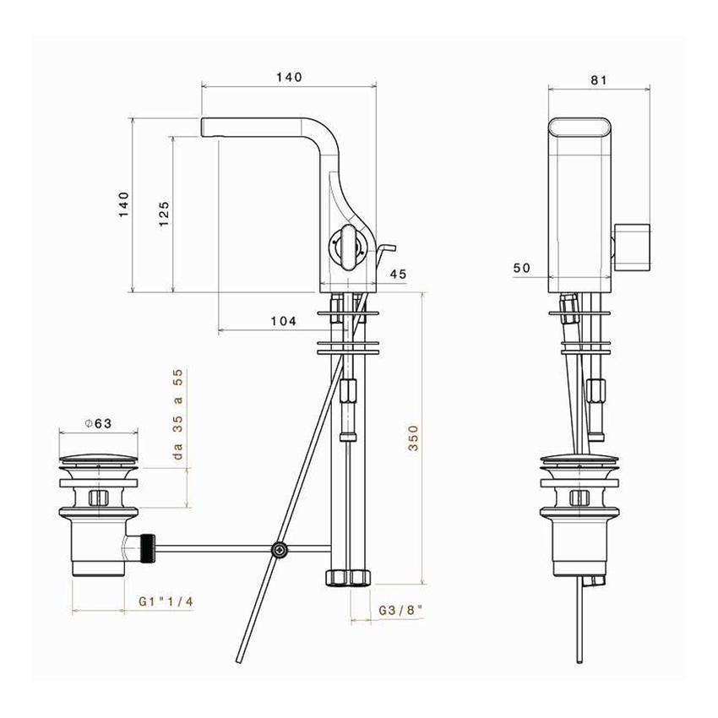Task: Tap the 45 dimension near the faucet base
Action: (x=399, y=274)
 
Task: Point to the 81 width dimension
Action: (x=599, y=80)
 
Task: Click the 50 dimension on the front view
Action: (x=521, y=268)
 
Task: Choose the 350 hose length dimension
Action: (x=413, y=438)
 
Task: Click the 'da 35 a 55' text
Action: (x=178, y=415)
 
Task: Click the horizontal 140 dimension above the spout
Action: (x=288, y=77)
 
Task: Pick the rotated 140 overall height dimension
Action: (x=124, y=205)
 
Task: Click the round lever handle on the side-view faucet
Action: (x=346, y=246)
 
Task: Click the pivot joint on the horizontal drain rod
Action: (x=279, y=551)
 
